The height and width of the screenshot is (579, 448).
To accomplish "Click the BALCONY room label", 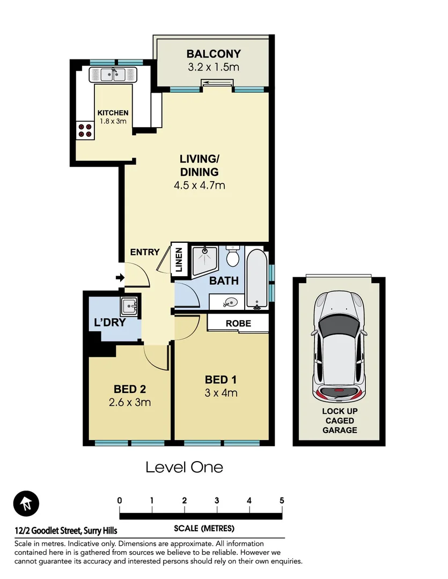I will tap(213, 54).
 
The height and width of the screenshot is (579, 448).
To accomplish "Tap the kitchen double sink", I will tap(114, 74).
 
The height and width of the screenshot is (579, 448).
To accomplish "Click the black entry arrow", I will tap(120, 278).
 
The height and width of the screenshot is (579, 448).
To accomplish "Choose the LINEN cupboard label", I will tap(179, 259).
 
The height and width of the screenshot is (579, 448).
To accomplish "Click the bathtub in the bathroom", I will tap(256, 279).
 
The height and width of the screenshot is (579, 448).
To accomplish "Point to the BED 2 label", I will tap(130, 389).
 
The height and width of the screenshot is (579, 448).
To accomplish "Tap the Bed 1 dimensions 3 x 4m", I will tap(221, 393).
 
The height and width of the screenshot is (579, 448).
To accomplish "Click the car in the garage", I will tap(339, 349).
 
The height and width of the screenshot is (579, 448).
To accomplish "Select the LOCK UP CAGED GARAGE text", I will tap(339, 421).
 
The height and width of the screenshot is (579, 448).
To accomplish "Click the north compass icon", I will tap(26, 504).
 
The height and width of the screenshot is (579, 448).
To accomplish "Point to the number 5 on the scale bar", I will tap(282, 501).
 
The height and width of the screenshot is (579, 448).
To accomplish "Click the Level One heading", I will tap(184, 467).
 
